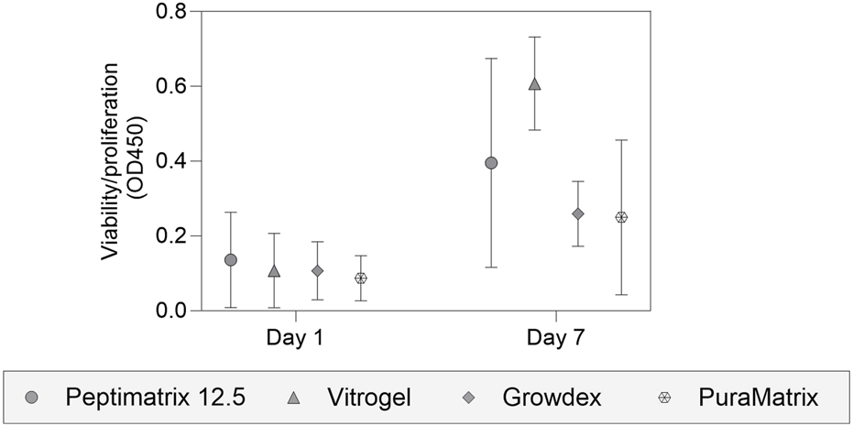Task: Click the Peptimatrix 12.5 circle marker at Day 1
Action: (x=231, y=260)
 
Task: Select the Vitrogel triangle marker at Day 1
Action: (x=274, y=271)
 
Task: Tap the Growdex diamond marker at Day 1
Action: (x=317, y=271)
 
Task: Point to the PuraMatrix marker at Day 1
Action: (x=361, y=278)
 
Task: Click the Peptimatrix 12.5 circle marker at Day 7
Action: (x=491, y=163)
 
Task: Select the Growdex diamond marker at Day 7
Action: (x=578, y=213)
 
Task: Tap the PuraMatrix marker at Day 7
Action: (x=621, y=217)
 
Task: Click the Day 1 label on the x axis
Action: (x=295, y=338)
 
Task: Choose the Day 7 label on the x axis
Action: (x=556, y=338)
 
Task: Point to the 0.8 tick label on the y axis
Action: (x=172, y=12)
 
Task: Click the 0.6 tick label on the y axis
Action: (x=172, y=87)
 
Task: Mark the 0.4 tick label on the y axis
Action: (x=172, y=161)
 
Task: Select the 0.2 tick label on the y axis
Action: (x=172, y=236)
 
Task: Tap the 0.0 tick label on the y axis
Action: (x=172, y=311)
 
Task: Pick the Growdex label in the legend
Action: (x=552, y=398)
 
